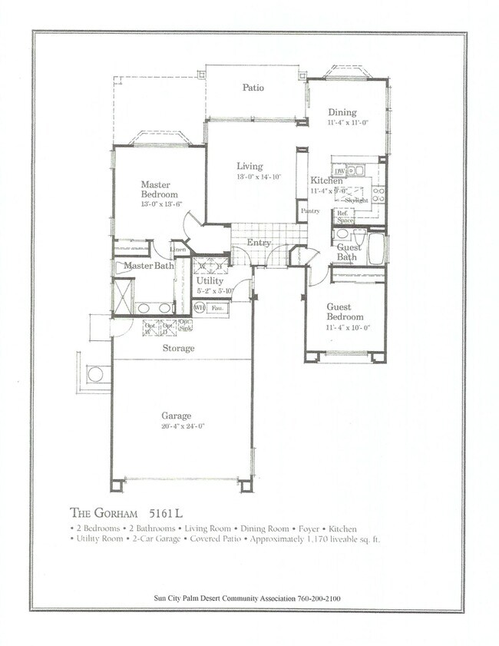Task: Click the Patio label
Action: [x=253, y=88]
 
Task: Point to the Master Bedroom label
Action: [x=160, y=189]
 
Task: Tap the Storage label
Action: [x=178, y=348]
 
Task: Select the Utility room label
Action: [x=210, y=282]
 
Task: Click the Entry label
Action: [x=258, y=243]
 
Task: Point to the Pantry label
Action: [x=310, y=210]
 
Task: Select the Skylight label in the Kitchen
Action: [x=356, y=200]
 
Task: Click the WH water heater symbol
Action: [x=199, y=308]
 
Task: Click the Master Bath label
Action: [x=150, y=266]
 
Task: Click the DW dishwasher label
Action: [x=339, y=171]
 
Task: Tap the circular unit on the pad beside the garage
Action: [x=95, y=374]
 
